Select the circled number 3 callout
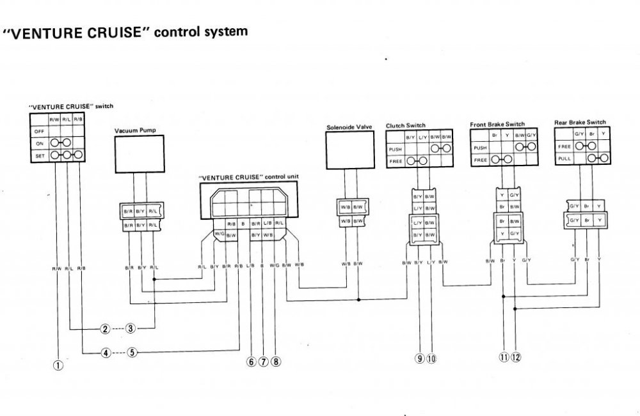pyautogui.click(x=130, y=329)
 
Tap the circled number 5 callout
pyautogui.click(x=132, y=352)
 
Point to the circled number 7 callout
pyautogui.click(x=263, y=362)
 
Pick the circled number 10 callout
pyautogui.click(x=431, y=358)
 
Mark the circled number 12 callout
pyautogui.click(x=516, y=357)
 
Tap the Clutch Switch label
pyautogui.click(x=406, y=126)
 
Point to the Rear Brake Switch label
pyautogui.click(x=580, y=122)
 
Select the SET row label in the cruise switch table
pyautogui.click(x=38, y=154)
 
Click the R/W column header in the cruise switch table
pyautogui.click(x=55, y=119)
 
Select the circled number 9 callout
pyautogui.click(x=420, y=358)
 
